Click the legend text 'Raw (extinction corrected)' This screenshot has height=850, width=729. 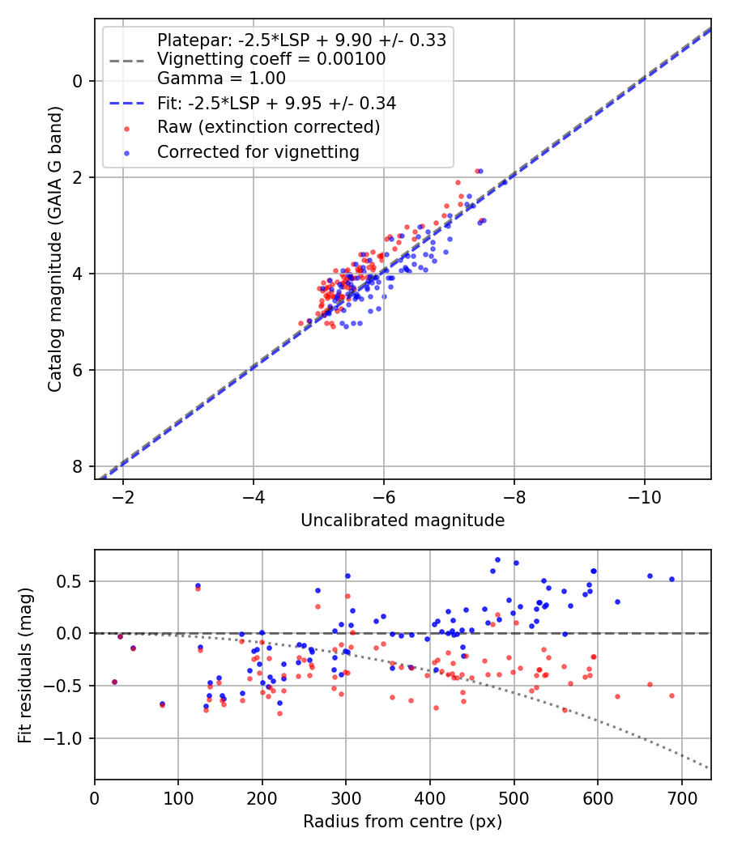coord(268,127)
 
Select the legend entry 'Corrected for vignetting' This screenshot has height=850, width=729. coord(258,151)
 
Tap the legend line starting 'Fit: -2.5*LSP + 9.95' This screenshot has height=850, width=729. coord(276,104)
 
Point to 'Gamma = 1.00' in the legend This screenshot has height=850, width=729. coord(221,79)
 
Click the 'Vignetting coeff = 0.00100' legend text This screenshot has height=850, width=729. coord(271,59)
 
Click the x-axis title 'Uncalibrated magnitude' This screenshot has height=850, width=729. coord(403,521)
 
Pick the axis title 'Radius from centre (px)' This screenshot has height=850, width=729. coord(403,822)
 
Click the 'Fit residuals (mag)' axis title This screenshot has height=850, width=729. coord(26,665)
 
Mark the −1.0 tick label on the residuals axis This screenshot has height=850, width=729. coord(65,738)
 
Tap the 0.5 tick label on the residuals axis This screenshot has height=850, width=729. coord(70,580)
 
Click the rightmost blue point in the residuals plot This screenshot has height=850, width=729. coord(671,579)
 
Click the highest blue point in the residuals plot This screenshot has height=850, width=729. coord(497,559)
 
